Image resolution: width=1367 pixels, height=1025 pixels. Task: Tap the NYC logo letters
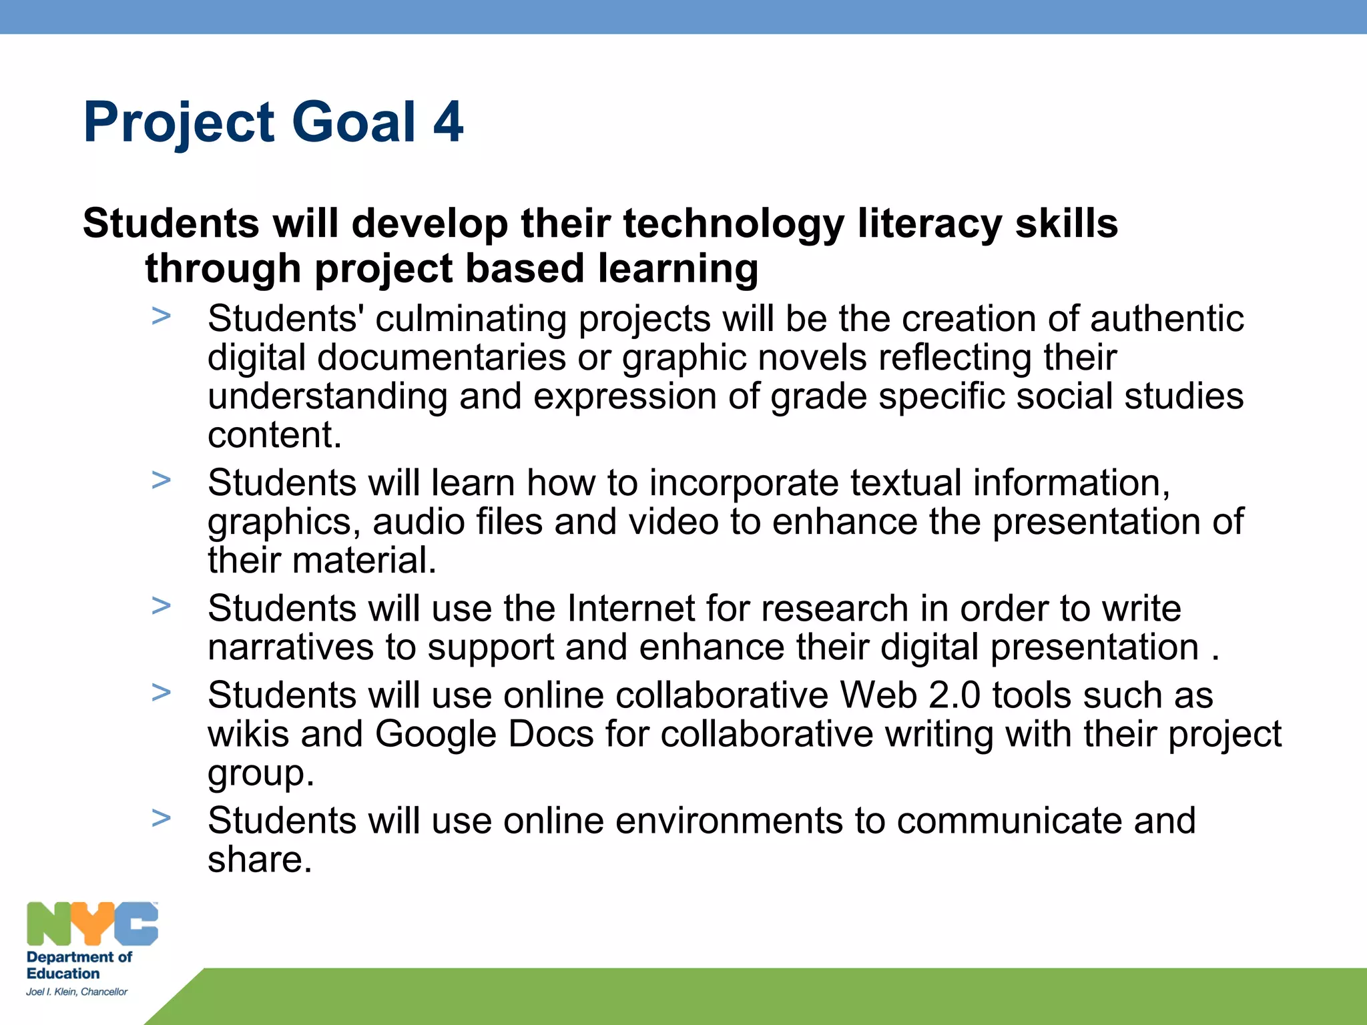92,924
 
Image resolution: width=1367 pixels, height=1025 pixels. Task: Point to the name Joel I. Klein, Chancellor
77,992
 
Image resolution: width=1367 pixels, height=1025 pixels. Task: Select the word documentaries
441,358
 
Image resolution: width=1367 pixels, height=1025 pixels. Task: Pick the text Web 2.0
910,695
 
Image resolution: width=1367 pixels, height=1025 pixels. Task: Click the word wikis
248,734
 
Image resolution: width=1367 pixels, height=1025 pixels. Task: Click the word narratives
290,647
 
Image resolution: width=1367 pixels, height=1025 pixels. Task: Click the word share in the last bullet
259,860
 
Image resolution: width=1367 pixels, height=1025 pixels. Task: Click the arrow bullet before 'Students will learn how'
161,480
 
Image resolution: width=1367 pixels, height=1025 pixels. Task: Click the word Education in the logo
63,974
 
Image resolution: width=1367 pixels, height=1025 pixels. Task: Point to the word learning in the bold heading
677,269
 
